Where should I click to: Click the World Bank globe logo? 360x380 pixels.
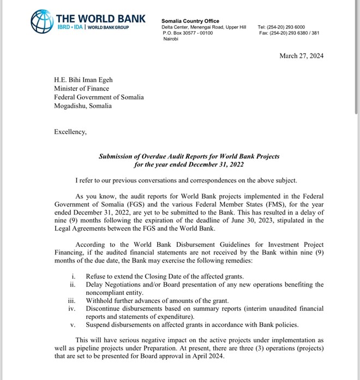click(43, 22)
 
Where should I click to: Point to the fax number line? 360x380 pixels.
click(289, 33)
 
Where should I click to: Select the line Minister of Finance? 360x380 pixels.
click(81, 88)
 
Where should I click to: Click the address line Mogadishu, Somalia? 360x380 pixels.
click(82, 106)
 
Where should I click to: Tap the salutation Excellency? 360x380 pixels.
click(70, 131)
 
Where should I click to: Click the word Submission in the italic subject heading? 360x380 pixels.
click(117, 156)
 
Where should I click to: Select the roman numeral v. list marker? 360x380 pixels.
click(73, 326)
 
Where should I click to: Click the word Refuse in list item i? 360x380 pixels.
click(97, 276)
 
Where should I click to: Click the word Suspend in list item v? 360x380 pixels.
click(99, 326)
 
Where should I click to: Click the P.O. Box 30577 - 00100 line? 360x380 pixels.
click(188, 33)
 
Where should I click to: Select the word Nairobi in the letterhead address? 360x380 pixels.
click(171, 39)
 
